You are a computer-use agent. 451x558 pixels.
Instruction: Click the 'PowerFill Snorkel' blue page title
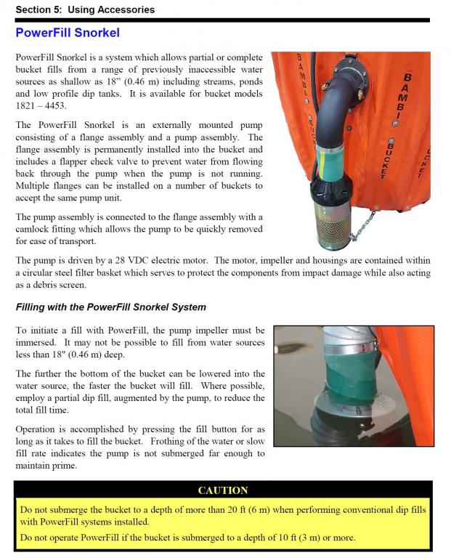(x=68, y=33)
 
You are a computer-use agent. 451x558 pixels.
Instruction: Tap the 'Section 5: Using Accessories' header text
(x=85, y=9)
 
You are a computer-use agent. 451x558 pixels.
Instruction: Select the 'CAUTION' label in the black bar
(x=223, y=490)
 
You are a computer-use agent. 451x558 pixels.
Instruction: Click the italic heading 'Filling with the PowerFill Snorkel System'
(x=111, y=307)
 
